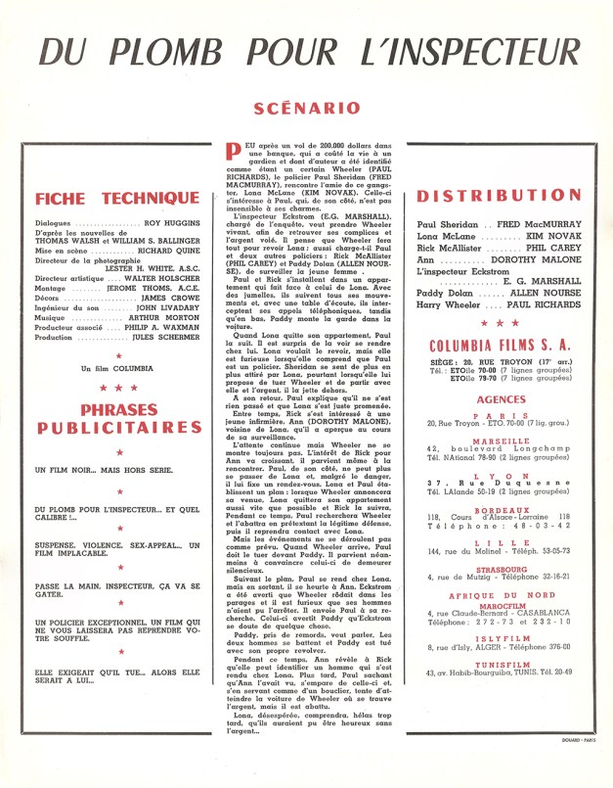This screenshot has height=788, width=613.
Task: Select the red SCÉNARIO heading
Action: pos(306,108)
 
